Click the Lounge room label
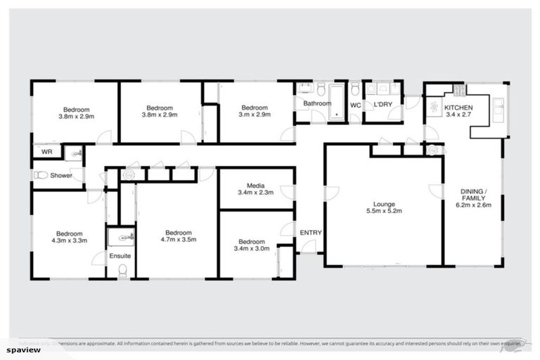point(384,204)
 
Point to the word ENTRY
point(310,233)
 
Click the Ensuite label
point(120,256)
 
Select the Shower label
point(60,175)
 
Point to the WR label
point(47,151)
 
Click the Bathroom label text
point(317,103)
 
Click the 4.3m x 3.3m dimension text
point(70,240)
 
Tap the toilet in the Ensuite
point(122,270)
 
